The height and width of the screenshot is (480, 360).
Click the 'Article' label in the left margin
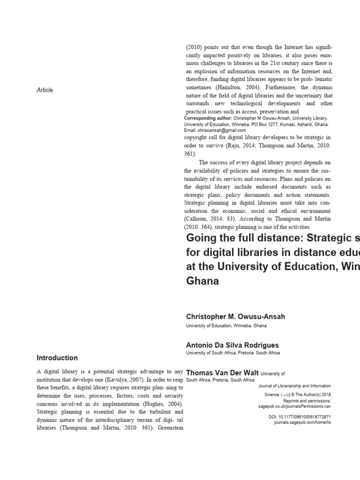tap(45, 90)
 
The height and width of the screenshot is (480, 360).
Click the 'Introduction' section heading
tap(57, 358)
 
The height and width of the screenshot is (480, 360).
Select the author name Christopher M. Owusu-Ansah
tap(235, 316)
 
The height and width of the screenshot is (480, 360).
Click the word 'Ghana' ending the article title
tap(202, 282)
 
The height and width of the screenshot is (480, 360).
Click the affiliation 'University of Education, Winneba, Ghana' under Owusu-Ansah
tap(226, 326)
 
